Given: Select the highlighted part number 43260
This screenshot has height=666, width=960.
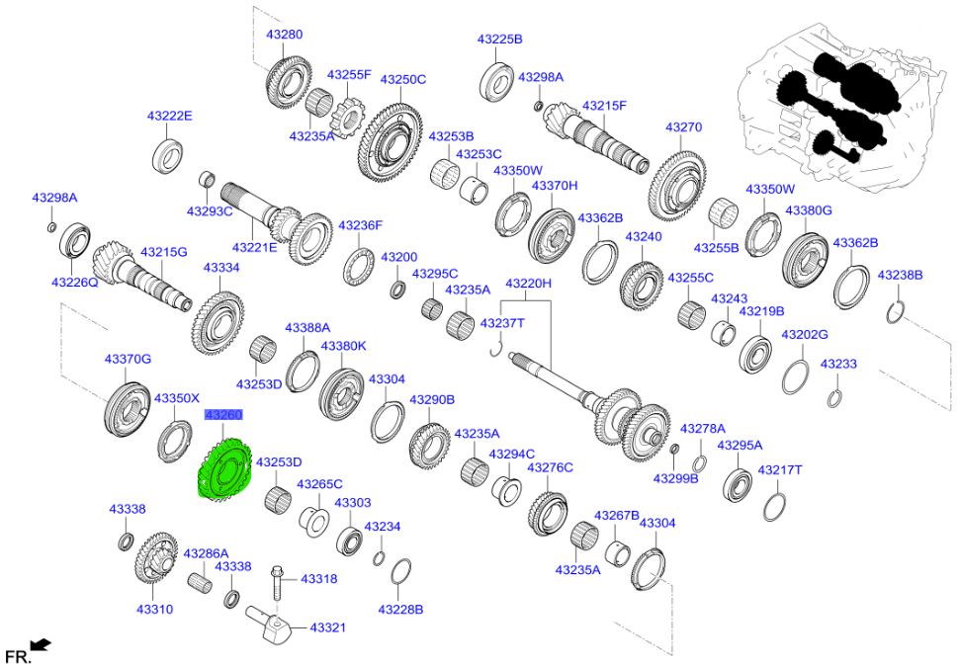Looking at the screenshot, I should pos(222,416).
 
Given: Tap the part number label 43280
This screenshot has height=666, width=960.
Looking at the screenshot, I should pos(284,35).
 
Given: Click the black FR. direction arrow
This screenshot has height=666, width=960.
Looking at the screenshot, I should pos(41,646).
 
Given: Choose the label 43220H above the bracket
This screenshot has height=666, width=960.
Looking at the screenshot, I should pos(528,285).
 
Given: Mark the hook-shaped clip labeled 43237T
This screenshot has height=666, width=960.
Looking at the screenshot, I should pos(497,347).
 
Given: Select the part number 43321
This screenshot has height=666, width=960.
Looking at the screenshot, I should pos(328,627).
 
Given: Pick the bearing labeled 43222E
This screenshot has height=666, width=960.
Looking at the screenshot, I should pos(168,155).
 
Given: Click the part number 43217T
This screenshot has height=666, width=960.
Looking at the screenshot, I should pos(779,469).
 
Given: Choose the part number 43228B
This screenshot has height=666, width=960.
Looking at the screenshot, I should pos(400,610).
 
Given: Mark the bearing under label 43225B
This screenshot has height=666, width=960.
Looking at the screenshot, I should pos(497,79).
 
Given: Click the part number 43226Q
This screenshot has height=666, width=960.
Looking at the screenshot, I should pos(74,282).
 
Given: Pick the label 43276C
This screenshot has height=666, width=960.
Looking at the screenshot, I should pos(550,466).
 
